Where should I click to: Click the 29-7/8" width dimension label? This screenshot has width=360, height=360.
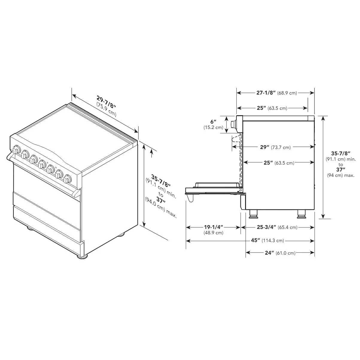click(x=106, y=102)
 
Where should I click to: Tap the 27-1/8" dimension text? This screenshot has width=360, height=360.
click(x=266, y=93)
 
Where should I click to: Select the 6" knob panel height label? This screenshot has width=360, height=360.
click(x=213, y=121)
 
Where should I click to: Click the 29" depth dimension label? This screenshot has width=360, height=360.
click(x=265, y=147)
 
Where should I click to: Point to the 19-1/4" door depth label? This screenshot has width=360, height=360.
click(x=214, y=227)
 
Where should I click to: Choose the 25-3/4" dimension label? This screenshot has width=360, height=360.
click(x=266, y=227)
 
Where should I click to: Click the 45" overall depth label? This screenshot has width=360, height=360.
click(x=255, y=240)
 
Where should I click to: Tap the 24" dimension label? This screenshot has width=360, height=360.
click(x=269, y=253)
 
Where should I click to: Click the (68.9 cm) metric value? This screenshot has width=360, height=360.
click(x=287, y=93)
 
